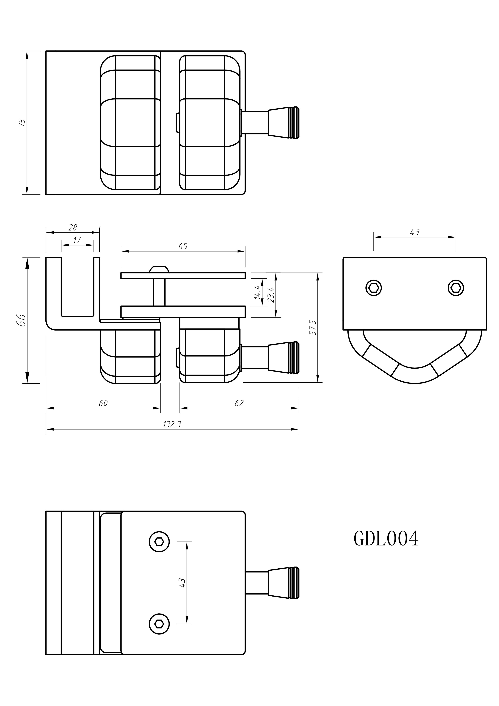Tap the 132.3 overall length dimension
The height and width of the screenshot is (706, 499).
(x=172, y=424)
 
